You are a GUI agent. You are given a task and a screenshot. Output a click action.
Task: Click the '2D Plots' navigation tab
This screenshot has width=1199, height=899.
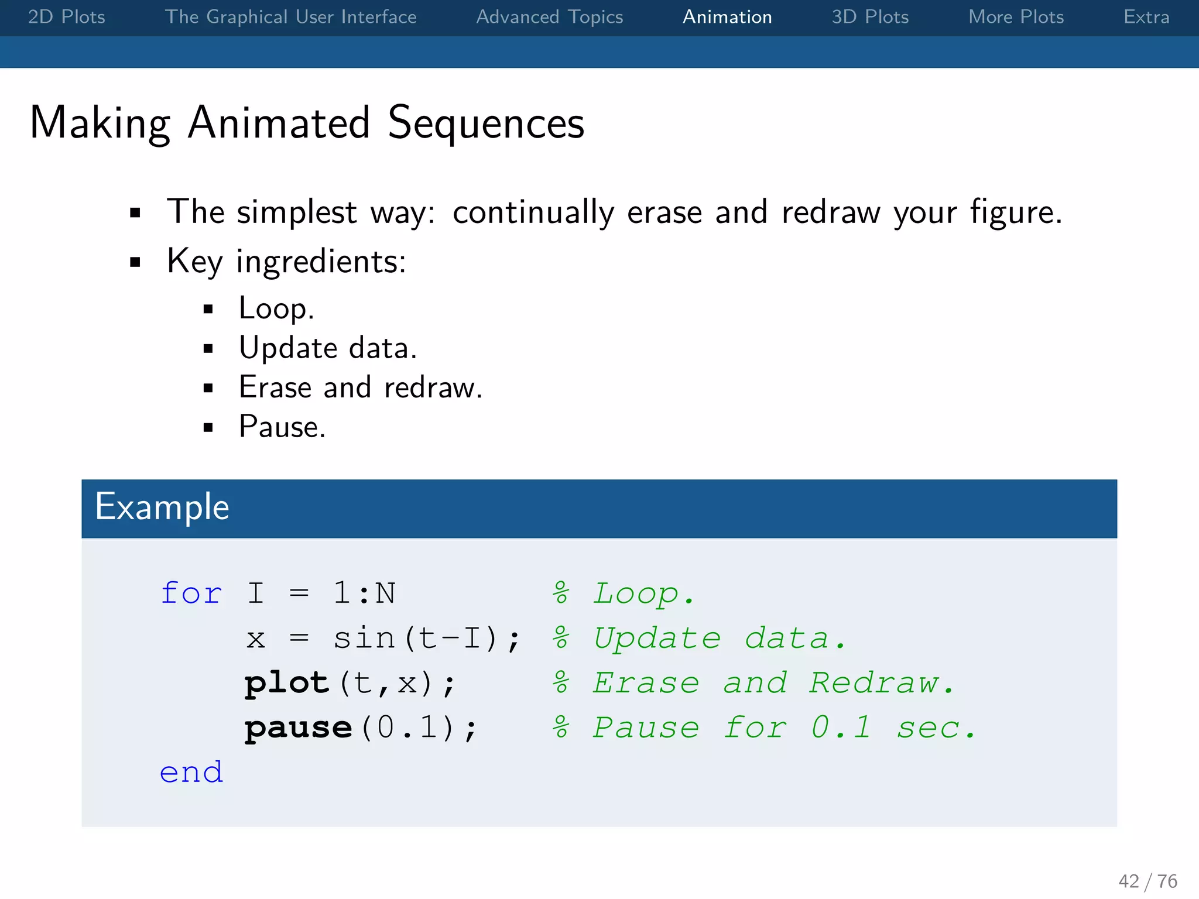pos(67,17)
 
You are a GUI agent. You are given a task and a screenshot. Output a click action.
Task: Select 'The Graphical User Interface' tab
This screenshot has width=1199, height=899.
pos(290,17)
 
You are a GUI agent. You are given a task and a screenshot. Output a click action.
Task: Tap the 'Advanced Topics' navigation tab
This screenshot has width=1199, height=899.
pos(549,17)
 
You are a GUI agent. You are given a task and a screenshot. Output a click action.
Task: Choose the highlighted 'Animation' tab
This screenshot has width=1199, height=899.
pos(727,17)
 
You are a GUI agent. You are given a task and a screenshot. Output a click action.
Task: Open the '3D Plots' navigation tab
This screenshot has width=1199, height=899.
pos(870,17)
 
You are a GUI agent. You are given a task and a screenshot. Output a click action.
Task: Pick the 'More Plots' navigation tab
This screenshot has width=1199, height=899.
pos(1016,17)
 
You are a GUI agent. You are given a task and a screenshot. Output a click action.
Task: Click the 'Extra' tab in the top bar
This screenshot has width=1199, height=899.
pos(1146,17)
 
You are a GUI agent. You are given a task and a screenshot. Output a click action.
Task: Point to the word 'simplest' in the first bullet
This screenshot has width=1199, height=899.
pos(296,212)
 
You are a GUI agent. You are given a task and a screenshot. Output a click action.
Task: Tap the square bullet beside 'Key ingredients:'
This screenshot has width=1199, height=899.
pos(135,262)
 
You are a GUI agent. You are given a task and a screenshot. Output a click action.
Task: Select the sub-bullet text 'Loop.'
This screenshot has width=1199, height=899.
pos(276,308)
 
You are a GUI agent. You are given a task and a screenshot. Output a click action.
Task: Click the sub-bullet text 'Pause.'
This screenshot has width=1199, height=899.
pos(282,427)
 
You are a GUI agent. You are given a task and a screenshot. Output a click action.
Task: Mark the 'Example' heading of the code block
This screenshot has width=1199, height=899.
pos(162,507)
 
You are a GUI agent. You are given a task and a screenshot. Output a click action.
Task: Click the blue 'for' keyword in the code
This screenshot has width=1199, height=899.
pos(191,593)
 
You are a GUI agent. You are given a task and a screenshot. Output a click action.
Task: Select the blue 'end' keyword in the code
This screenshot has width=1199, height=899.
pos(191,773)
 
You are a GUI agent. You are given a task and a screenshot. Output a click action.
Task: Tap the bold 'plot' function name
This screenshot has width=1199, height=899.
pos(287,683)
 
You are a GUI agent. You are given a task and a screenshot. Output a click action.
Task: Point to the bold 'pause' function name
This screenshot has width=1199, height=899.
pos(298,728)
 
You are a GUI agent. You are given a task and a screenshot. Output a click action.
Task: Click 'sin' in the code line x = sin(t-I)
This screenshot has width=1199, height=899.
pos(364,638)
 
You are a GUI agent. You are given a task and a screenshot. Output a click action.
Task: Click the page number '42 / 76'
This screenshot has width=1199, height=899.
pos(1147,881)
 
